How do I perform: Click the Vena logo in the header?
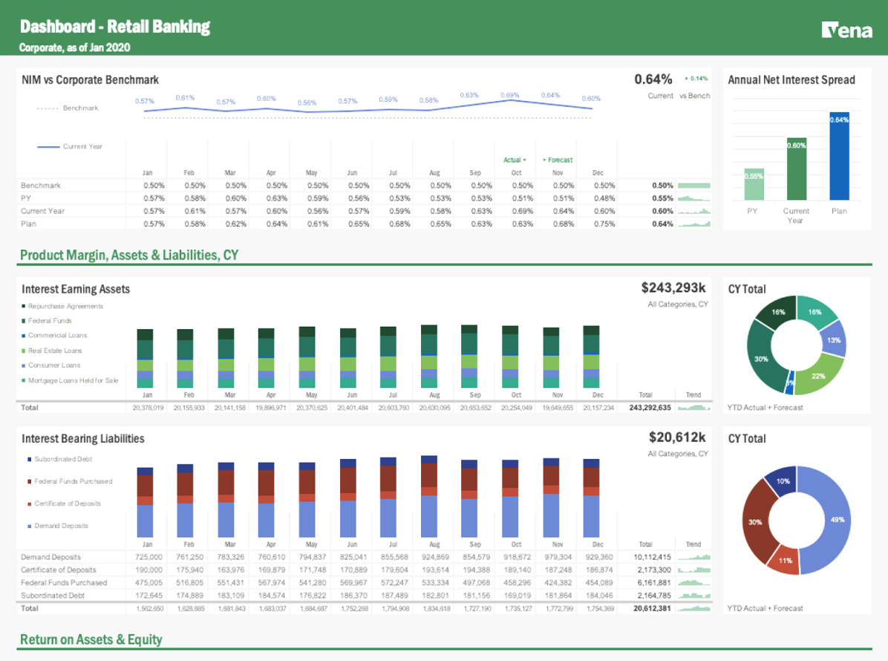(846, 30)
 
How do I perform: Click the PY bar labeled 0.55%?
(754, 184)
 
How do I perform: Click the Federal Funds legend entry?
(50, 321)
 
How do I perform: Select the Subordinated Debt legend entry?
(62, 459)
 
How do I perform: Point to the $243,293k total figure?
(674, 288)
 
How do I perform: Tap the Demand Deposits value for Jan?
(148, 557)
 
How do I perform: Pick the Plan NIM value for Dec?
(604, 224)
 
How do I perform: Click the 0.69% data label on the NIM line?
(509, 95)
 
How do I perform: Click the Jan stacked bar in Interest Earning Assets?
(145, 359)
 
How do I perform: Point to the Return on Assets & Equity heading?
(91, 639)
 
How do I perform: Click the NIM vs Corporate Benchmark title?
(90, 79)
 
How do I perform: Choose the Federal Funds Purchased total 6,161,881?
(652, 582)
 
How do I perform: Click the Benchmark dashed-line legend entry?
(68, 108)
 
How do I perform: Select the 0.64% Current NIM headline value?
(653, 79)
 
